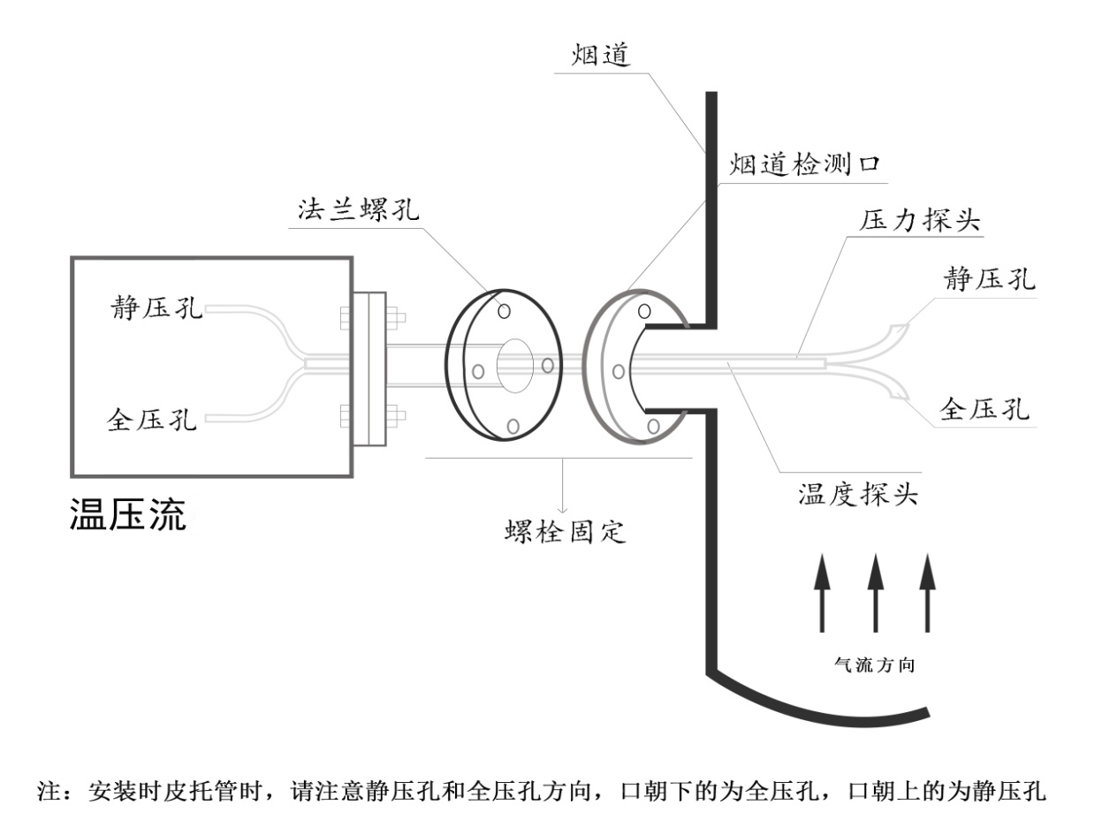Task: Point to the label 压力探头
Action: (920, 221)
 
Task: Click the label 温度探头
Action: (858, 494)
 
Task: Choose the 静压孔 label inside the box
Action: (155, 308)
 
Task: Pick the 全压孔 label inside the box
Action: (155, 416)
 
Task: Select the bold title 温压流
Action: (128, 515)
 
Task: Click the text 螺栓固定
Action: (566, 532)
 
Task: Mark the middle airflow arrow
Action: (875, 592)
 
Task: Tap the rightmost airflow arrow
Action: (927, 592)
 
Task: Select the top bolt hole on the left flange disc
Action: (505, 311)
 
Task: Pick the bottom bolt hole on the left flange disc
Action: (513, 426)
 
